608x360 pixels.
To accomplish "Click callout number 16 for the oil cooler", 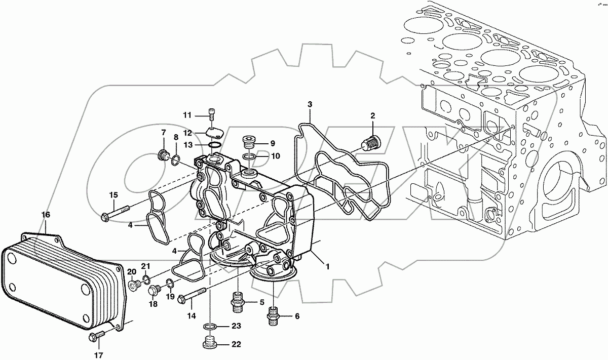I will click(x=46, y=215).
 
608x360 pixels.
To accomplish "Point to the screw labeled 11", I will click(x=212, y=115).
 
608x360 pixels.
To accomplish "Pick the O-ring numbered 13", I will click(x=215, y=146).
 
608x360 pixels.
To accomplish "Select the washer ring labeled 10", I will click(x=248, y=156).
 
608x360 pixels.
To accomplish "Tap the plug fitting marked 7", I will click(x=164, y=155).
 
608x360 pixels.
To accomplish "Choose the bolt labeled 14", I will click(x=193, y=295).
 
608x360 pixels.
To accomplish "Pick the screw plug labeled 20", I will click(x=134, y=286).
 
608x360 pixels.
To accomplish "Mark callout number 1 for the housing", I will click(x=328, y=266).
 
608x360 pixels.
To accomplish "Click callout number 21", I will click(x=146, y=266).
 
